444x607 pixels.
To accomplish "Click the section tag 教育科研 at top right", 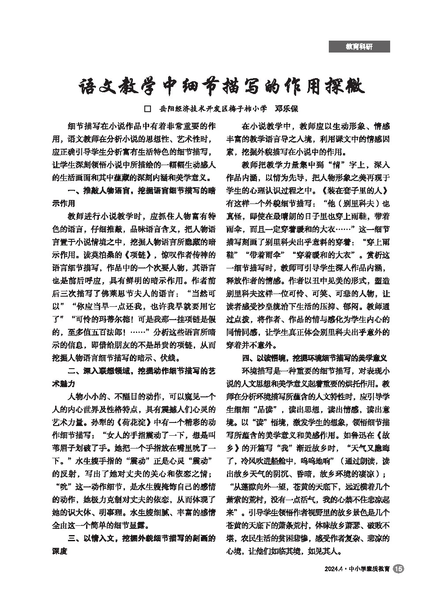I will pyautogui.click(x=359, y=46).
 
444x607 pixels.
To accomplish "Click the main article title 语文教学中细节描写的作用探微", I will pyautogui.click(x=222, y=87).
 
